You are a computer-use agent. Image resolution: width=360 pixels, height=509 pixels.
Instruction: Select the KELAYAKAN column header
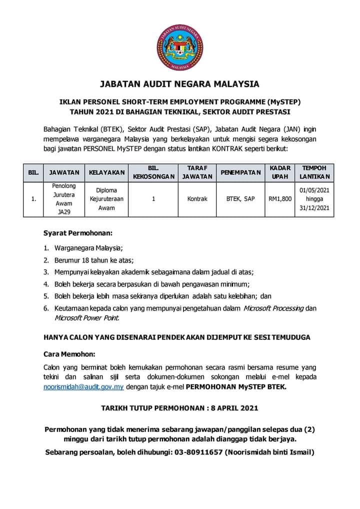point(106,172)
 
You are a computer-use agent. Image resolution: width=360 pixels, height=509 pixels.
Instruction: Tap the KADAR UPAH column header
point(280,172)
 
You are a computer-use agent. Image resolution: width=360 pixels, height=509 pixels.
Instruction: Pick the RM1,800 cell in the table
point(280,199)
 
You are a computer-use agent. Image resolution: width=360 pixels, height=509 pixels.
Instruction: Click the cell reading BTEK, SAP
point(240,199)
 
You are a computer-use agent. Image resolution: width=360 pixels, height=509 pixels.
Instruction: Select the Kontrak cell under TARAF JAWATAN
point(197,199)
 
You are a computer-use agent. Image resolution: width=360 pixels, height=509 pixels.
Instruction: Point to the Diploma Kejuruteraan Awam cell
point(106,199)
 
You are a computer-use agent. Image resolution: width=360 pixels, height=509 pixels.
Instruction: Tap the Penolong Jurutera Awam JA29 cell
point(64,199)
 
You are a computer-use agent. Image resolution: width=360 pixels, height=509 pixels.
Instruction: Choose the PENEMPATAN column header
point(240,172)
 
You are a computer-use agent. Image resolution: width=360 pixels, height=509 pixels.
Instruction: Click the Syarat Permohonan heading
point(77,233)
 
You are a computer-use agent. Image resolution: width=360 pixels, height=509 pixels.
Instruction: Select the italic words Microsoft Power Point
point(87,317)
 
